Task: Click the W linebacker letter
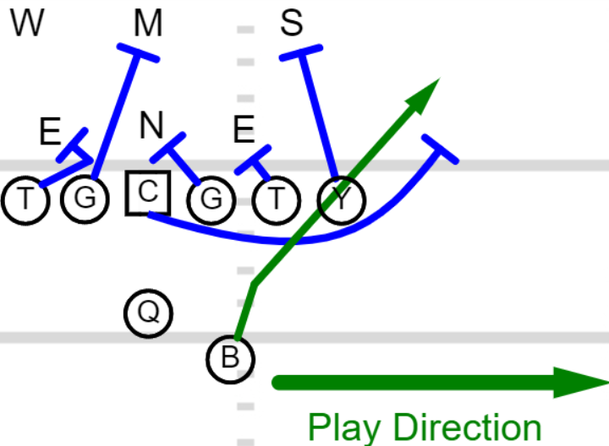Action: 27,24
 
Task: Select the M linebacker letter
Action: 148,24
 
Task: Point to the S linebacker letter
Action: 291,24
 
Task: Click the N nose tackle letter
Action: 151,125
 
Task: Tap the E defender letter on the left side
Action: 50,131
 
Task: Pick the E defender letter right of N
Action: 244,129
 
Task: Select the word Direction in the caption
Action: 468,427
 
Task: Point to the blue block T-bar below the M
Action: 138,52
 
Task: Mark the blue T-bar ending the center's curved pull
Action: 441,149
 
